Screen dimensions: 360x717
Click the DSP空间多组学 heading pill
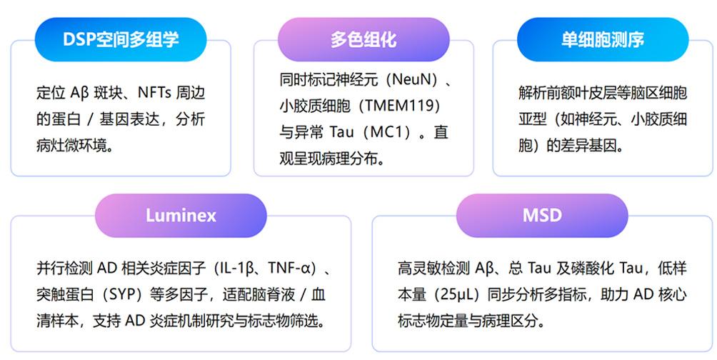(121, 39)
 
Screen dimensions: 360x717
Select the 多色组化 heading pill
(363, 39)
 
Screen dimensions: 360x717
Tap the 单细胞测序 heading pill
(602, 39)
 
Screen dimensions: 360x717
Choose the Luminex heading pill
(181, 215)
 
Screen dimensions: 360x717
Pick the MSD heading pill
(541, 215)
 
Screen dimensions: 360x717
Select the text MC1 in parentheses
(386, 133)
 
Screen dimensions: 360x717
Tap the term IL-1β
(239, 269)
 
